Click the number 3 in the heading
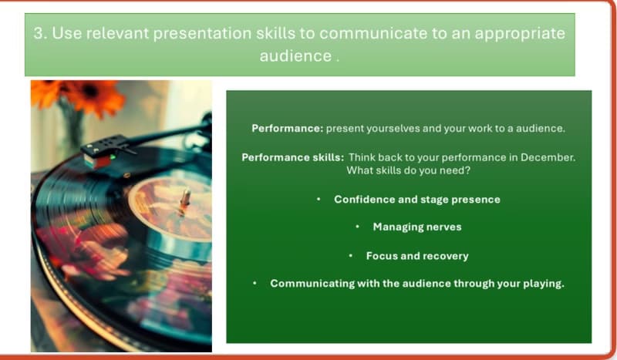[38, 34]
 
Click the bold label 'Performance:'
[287, 128]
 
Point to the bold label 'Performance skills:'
[293, 156]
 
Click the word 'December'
[548, 156]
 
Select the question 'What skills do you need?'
[408, 170]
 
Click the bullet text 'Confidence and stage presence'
[416, 199]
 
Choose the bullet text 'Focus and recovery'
[416, 255]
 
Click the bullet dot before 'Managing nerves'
[357, 227]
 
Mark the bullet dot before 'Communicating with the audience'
[255, 283]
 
